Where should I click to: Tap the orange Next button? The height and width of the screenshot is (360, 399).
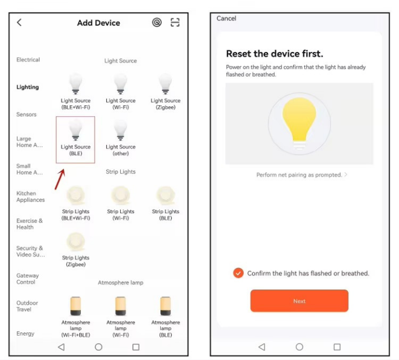pos(299,301)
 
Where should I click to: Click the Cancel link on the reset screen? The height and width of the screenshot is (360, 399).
pos(226,18)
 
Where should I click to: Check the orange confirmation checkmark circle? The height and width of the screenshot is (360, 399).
pos(238,273)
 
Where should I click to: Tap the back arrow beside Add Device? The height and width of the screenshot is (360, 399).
pos(19,22)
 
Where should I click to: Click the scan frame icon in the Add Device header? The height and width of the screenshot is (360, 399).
pos(175,22)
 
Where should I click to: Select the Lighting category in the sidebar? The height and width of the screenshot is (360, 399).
pos(28,87)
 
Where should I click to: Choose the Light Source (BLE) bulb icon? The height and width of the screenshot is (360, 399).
pos(75,130)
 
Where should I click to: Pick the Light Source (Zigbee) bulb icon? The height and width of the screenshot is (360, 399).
pos(165,84)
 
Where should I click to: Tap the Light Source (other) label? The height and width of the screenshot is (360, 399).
pos(121,150)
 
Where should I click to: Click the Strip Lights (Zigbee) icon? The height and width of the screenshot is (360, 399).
pos(75,241)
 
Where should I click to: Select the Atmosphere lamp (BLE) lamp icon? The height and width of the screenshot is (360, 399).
pos(165,306)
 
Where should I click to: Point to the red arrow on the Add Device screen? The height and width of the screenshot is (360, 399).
pos(60,179)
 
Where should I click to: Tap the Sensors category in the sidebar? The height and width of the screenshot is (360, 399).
pos(27,115)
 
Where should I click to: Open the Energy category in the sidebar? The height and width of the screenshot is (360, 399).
pos(25,333)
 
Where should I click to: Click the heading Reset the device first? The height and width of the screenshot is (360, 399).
pos(274,54)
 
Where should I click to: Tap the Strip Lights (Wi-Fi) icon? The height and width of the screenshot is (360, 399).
pos(121,196)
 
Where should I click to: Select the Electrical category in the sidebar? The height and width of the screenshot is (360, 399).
pos(28,59)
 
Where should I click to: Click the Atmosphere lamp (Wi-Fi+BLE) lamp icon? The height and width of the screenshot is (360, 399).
pos(75,306)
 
